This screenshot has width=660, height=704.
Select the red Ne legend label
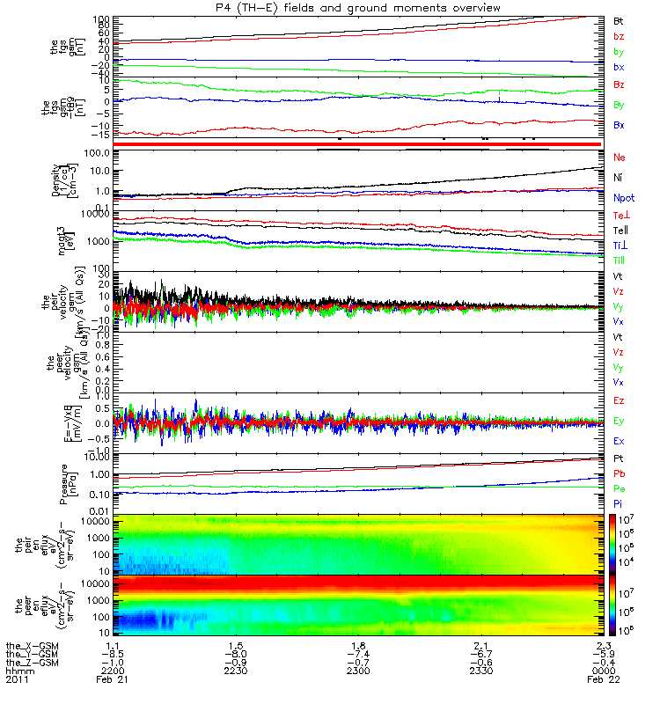[x=619, y=158]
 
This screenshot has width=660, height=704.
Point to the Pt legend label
[x=618, y=459]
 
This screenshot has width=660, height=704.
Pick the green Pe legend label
[x=619, y=487]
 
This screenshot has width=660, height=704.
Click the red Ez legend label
[x=619, y=401]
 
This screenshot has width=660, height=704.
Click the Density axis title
[x=56, y=180]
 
